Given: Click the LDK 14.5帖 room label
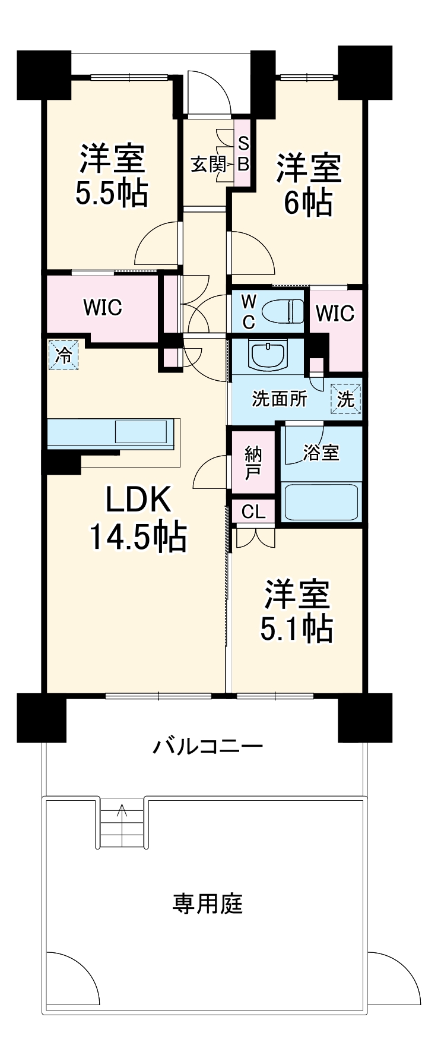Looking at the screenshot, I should [x=138, y=517].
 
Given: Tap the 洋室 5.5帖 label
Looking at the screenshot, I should [x=112, y=175].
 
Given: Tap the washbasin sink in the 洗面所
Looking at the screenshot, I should [x=269, y=356].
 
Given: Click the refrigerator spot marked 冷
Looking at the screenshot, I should [x=62, y=355].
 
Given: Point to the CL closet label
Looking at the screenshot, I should [x=253, y=511].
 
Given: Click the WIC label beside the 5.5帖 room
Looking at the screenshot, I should [x=102, y=307].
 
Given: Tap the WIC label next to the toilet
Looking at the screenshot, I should [x=335, y=313].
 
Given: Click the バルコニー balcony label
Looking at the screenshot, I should [x=208, y=746].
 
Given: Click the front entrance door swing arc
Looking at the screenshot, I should [x=214, y=89].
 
